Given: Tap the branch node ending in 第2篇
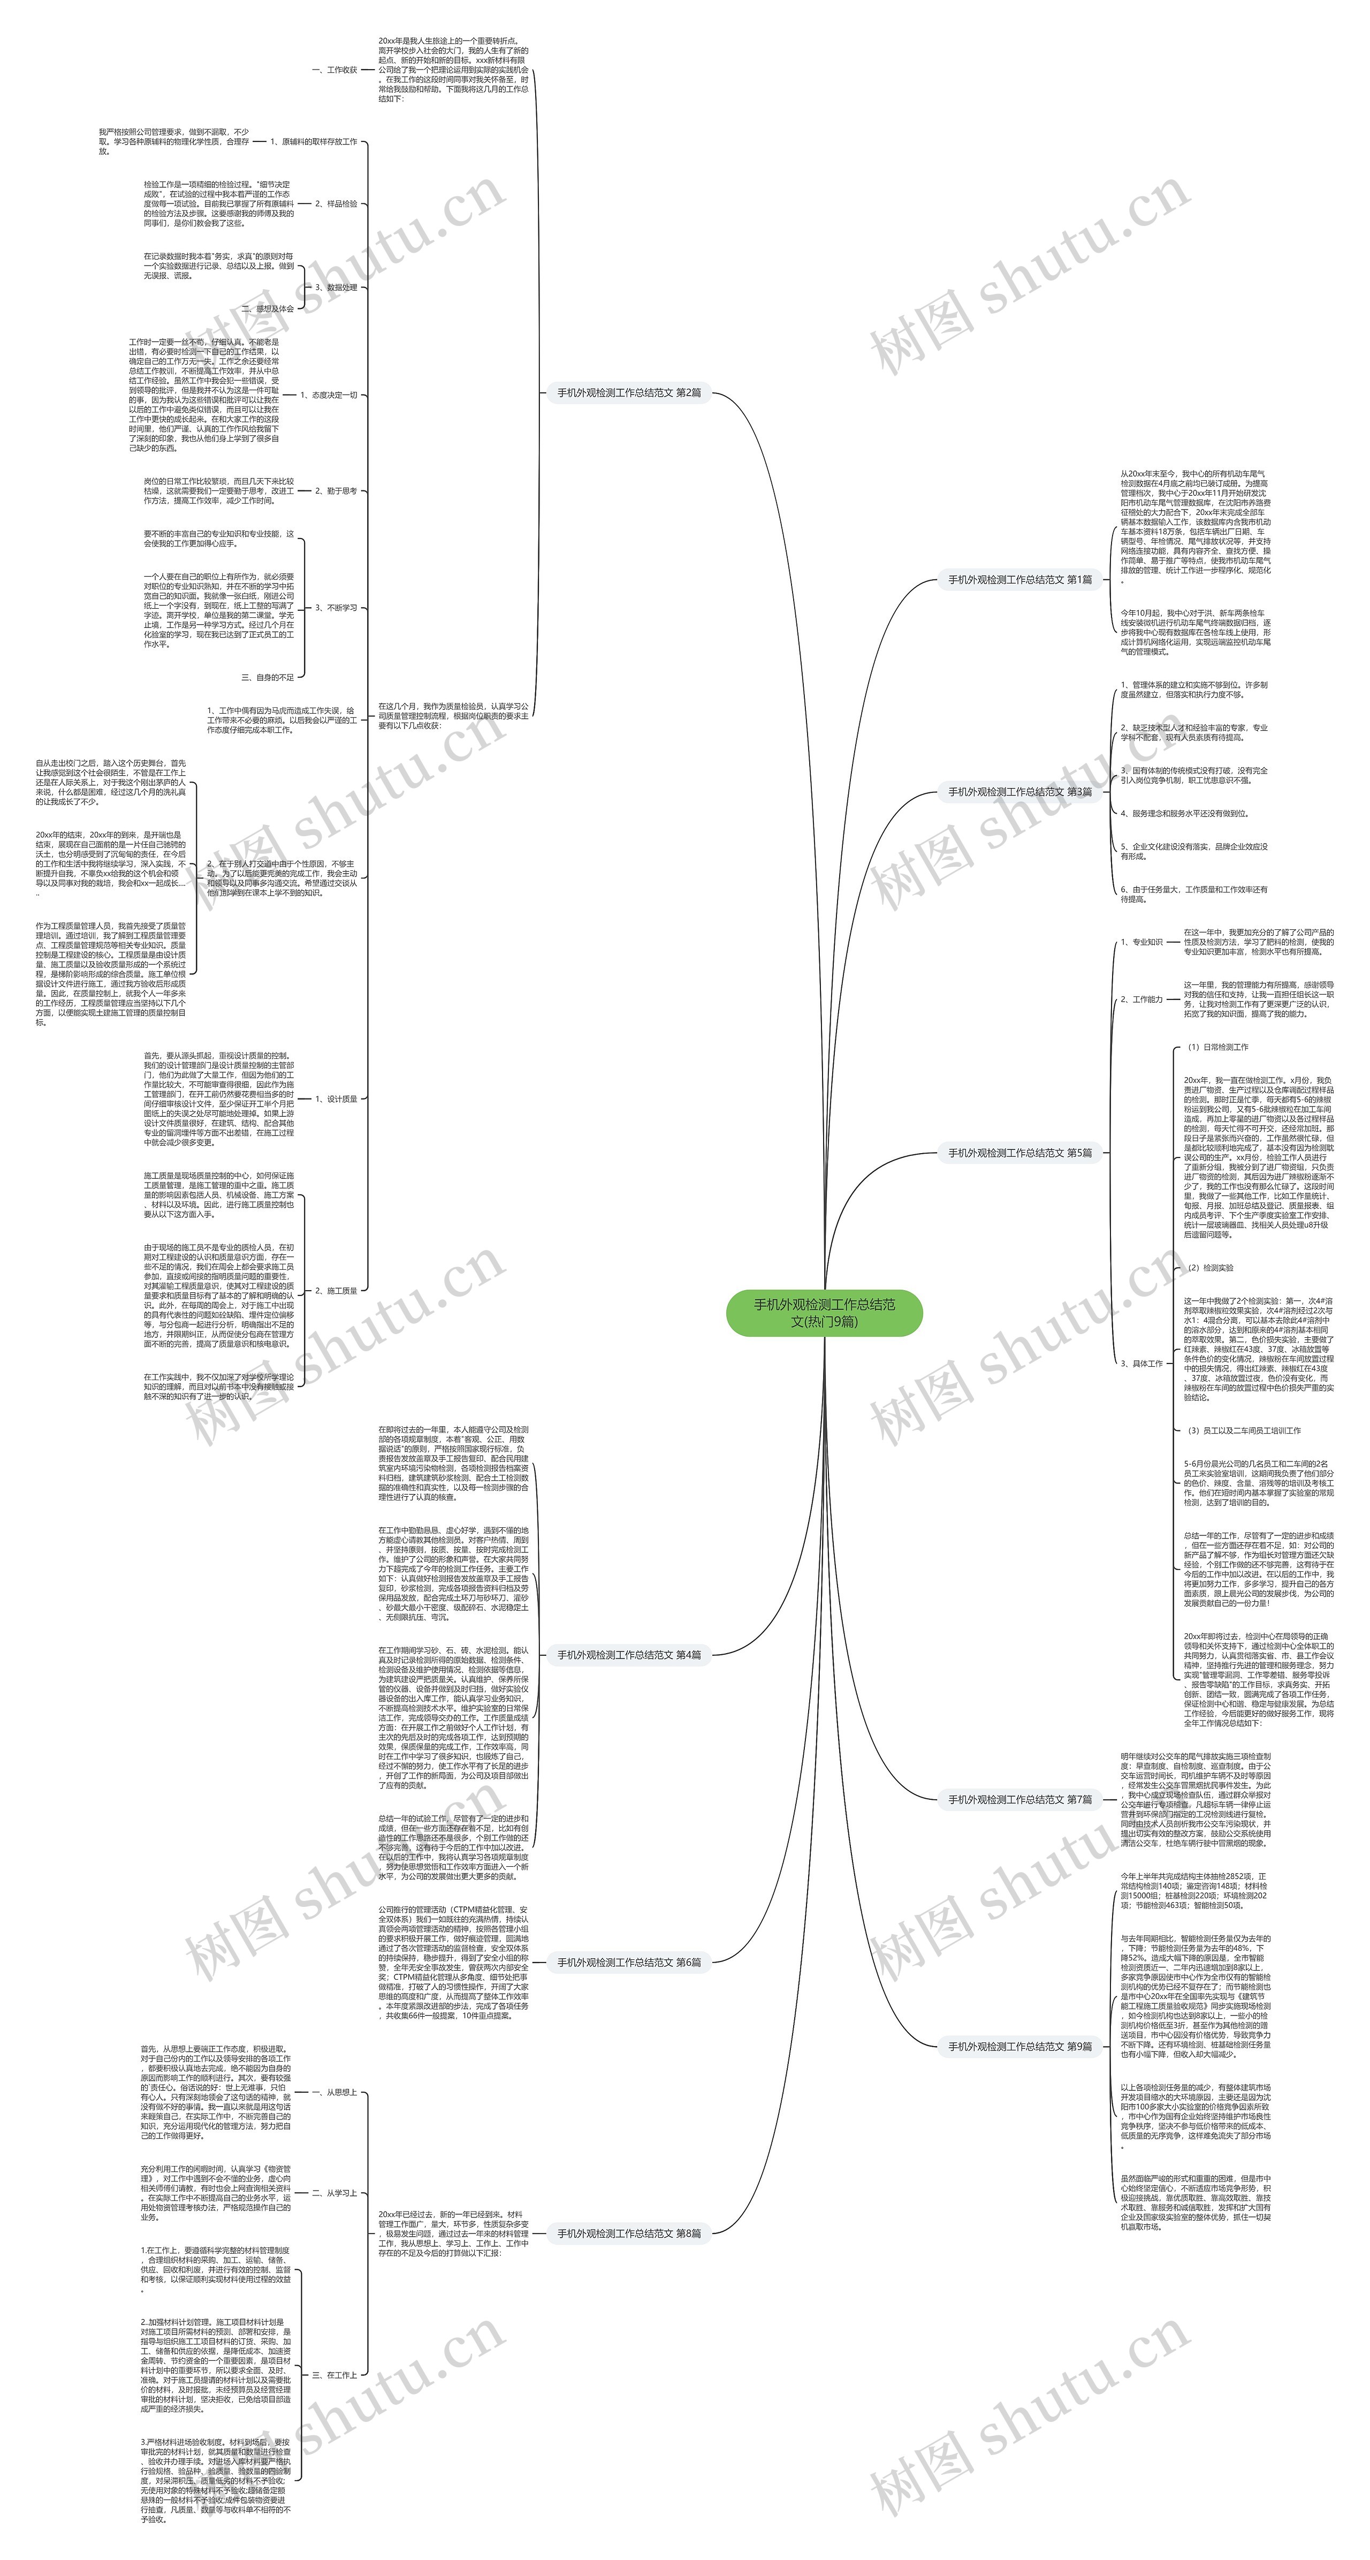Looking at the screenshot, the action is pyautogui.click(x=629, y=392).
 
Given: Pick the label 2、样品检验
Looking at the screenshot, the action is pyautogui.click(x=336, y=204).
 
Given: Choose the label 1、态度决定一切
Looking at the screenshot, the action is pyautogui.click(x=328, y=395).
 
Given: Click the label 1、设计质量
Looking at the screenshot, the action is pyautogui.click(x=336, y=1099).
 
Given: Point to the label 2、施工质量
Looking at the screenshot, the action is pyautogui.click(x=336, y=1291).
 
